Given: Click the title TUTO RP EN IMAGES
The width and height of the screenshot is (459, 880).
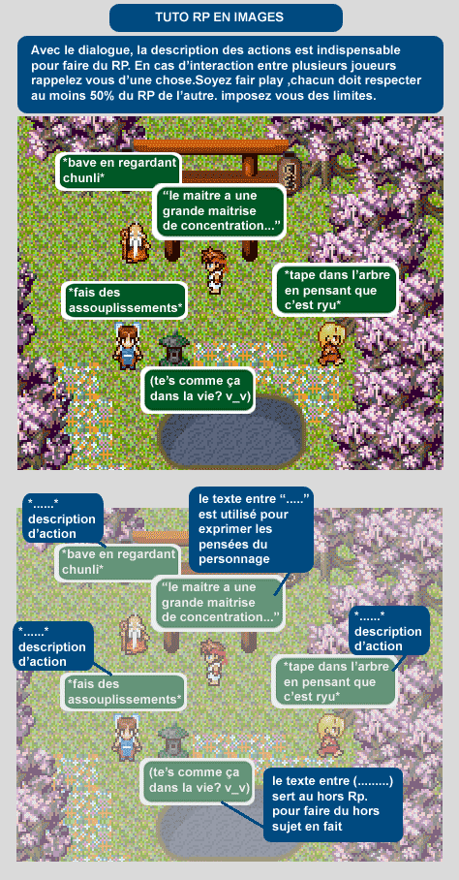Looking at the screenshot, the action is [219, 17].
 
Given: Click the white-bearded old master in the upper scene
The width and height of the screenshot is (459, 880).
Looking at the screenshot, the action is [135, 242].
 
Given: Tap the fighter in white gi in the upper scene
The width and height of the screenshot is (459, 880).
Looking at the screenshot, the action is [214, 270].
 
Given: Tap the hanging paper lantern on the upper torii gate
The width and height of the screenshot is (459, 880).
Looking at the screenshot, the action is [290, 173].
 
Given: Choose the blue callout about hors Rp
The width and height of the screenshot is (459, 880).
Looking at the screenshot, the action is [333, 803].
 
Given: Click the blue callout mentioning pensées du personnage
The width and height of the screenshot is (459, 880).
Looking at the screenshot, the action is [250, 528].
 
